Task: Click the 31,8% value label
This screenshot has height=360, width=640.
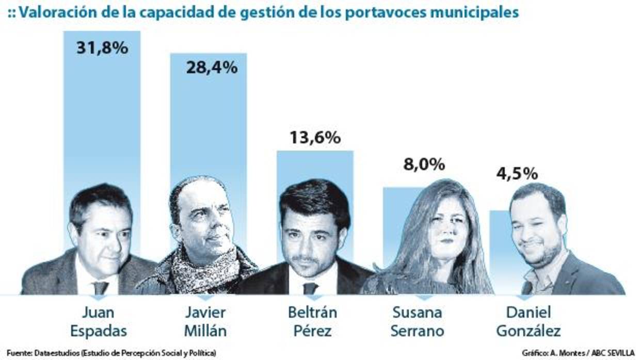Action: pos(101,48)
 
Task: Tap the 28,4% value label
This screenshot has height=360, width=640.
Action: pos(211,67)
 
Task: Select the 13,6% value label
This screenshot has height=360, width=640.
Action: pos(314,138)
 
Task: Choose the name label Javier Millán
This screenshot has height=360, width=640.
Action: pos(204,321)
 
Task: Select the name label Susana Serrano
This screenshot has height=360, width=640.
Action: pos(418,321)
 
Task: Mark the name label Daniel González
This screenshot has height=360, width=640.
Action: pos(528,321)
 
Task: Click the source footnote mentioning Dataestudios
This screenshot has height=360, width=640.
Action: pos(111,353)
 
